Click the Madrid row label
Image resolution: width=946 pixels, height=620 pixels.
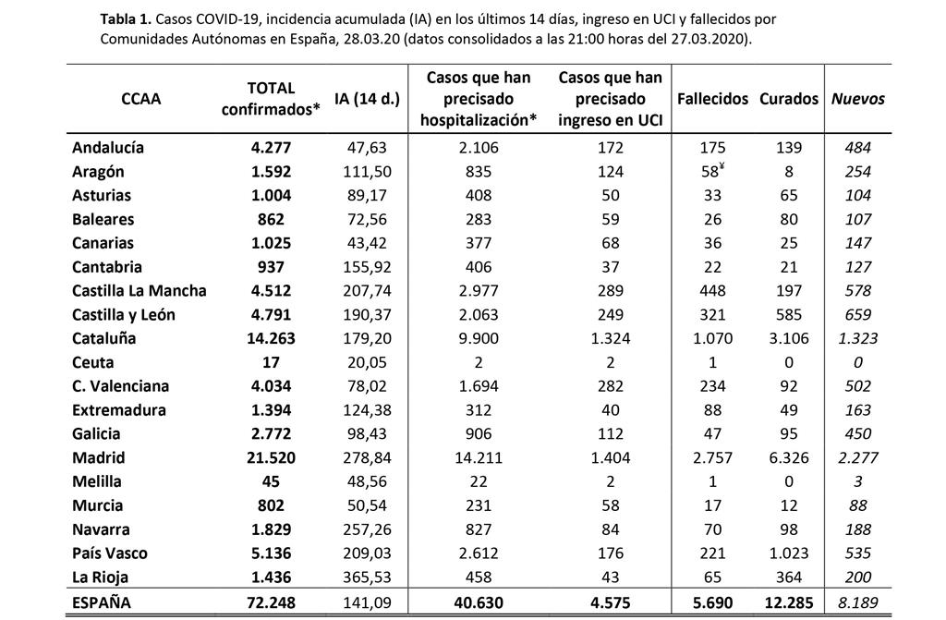(x=98, y=457)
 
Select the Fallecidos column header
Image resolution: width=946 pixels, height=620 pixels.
(x=712, y=99)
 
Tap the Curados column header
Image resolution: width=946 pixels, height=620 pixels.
(x=789, y=99)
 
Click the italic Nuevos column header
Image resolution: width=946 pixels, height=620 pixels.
(x=858, y=99)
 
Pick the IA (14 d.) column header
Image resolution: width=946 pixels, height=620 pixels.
(x=367, y=99)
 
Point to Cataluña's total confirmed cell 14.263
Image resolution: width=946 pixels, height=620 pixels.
(x=271, y=339)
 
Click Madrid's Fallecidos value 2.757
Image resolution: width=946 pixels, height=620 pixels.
(x=712, y=457)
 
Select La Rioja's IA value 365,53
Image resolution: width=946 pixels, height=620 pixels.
(x=367, y=577)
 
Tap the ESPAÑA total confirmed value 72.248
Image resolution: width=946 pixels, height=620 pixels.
(x=271, y=602)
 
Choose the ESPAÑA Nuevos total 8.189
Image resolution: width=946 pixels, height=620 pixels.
(x=858, y=602)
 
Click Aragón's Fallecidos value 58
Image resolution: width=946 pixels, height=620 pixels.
(x=710, y=172)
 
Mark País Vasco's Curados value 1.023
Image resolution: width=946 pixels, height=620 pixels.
(x=789, y=553)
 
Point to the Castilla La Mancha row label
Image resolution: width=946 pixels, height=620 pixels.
(x=139, y=291)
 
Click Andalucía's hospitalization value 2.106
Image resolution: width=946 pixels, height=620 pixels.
(x=479, y=148)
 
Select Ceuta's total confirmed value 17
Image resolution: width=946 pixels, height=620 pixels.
(x=271, y=363)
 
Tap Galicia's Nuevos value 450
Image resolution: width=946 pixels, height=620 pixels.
(x=858, y=434)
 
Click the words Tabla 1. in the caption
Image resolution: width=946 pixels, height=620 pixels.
(x=126, y=19)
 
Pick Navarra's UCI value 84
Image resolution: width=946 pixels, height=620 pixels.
(x=610, y=529)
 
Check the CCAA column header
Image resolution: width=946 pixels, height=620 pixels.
(x=141, y=99)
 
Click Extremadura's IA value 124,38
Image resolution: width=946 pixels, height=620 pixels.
(x=367, y=410)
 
